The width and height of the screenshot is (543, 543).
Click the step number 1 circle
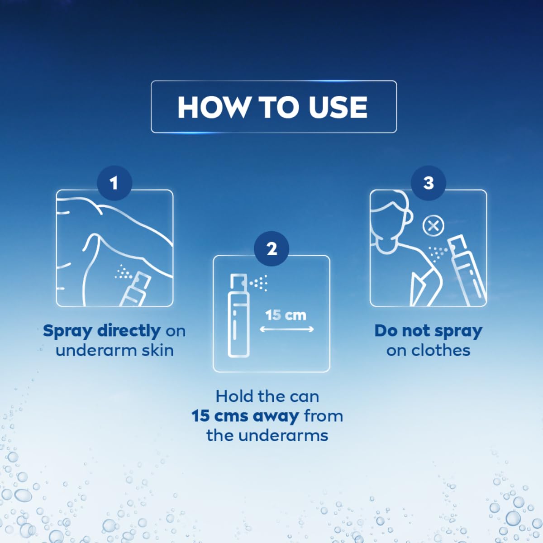(114, 183)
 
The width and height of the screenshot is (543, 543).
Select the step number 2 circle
(271, 249)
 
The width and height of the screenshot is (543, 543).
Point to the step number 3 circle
(428, 183)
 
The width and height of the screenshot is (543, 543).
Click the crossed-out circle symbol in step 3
(433, 225)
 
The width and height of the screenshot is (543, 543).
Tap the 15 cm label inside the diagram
(286, 315)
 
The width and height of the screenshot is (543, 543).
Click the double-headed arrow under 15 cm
(286, 329)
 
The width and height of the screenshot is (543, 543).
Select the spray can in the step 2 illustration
(237, 317)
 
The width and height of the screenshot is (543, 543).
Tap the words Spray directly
(101, 331)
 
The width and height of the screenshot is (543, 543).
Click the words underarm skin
(114, 350)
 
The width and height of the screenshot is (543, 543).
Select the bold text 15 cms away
(245, 416)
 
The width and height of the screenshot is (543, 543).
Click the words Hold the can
(267, 396)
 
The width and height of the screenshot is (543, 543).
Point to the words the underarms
(267, 435)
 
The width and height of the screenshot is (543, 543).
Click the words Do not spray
(428, 331)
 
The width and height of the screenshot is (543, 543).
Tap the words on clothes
(428, 350)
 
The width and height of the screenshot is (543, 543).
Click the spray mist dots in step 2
(259, 283)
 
